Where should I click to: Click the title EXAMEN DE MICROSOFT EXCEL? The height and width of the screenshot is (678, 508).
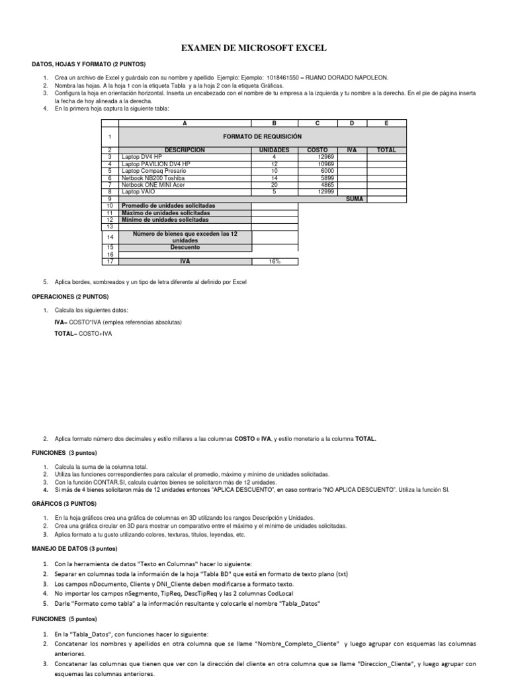click(x=254, y=48)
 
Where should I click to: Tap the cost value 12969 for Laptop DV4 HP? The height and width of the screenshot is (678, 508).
click(x=326, y=157)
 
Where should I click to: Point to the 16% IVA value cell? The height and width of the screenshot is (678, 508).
click(x=275, y=262)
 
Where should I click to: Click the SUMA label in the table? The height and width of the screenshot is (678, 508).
click(x=355, y=199)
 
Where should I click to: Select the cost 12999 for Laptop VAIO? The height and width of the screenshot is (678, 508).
click(x=326, y=192)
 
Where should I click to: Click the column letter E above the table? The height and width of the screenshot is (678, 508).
click(x=386, y=123)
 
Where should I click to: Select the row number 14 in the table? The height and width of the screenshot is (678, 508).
click(x=110, y=236)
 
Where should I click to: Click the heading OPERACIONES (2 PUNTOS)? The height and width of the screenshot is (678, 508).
click(x=69, y=297)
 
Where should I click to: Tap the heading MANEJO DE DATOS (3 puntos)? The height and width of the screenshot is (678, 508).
click(x=74, y=549)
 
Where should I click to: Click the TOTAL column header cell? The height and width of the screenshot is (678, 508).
click(x=386, y=150)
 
